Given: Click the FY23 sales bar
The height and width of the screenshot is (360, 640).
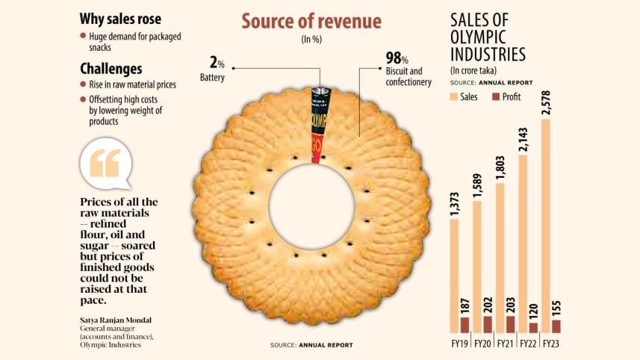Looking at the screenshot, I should coord(550,224).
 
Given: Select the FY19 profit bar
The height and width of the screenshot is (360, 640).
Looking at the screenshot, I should coord(465,325).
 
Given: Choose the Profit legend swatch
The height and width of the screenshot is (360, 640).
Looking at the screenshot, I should coord(496,97).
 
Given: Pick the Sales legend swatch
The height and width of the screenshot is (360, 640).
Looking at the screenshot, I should coord(455,97).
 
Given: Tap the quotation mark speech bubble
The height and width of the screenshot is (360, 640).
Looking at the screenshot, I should coord(105,164).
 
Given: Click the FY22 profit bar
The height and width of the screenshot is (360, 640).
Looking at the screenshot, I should coord(532,327).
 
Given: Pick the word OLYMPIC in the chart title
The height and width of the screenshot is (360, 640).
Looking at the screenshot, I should coord(479,37).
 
